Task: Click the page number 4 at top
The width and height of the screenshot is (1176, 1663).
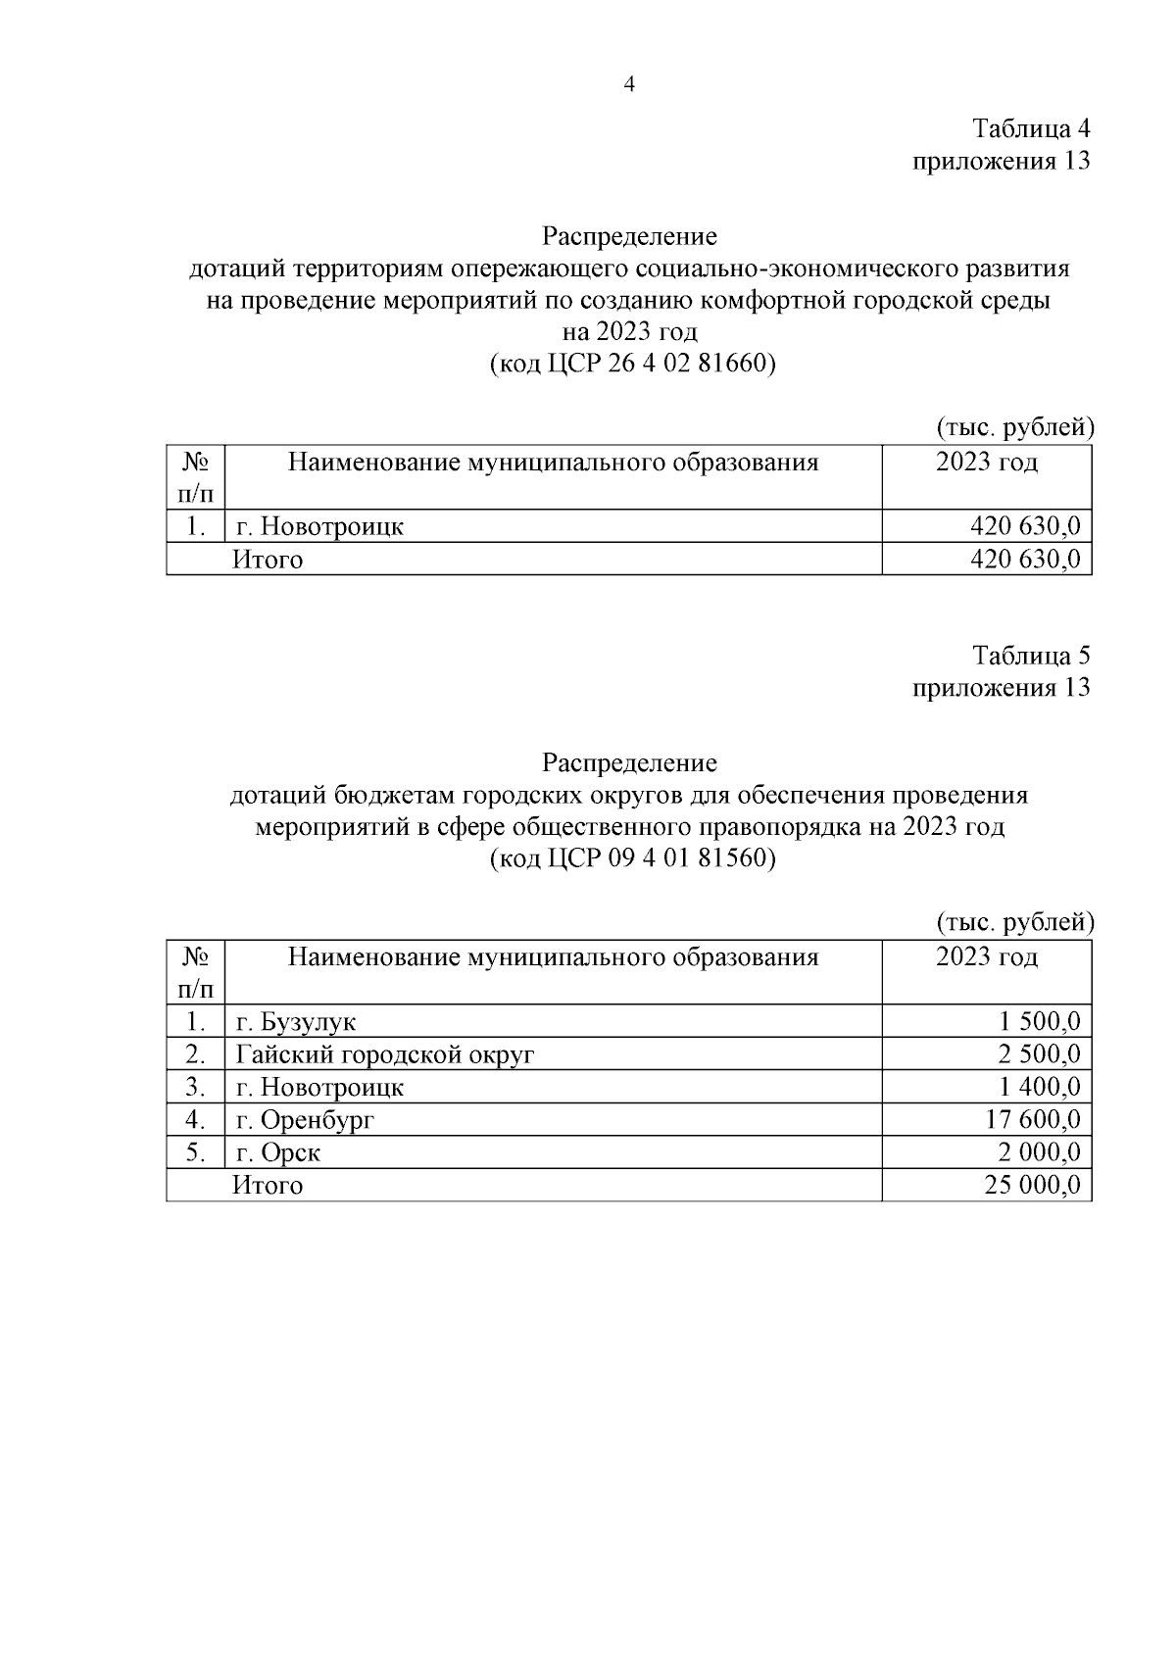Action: click(x=629, y=85)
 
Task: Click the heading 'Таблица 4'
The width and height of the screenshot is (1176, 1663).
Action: click(x=1030, y=128)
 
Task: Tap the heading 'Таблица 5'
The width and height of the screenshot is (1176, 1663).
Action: click(x=1030, y=655)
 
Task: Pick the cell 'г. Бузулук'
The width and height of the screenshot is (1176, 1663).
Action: click(x=296, y=1022)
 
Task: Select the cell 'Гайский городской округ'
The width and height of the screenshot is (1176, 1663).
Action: click(x=385, y=1054)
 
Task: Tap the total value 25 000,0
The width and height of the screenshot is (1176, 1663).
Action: click(x=1032, y=1185)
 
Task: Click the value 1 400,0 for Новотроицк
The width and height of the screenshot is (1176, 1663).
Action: click(x=1040, y=1087)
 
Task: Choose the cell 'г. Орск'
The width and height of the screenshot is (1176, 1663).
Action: click(x=278, y=1152)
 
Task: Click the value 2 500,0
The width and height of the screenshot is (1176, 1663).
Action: click(x=1040, y=1054)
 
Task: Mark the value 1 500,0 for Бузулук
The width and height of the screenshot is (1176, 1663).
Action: click(x=1040, y=1022)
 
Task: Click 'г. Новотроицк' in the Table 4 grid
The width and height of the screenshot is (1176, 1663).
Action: click(x=319, y=527)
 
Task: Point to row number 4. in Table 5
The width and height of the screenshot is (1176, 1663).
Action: click(x=195, y=1119)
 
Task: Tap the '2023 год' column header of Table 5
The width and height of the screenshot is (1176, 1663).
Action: click(x=986, y=956)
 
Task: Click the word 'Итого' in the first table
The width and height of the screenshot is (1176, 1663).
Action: click(x=268, y=560)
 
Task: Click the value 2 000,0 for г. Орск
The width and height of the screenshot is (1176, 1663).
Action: click(x=1040, y=1152)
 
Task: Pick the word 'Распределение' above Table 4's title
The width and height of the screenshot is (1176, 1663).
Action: click(x=629, y=236)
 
